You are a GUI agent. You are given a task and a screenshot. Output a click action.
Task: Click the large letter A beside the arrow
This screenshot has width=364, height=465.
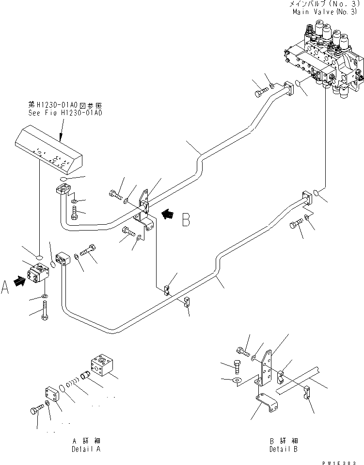pyautogui.click(x=5, y=288)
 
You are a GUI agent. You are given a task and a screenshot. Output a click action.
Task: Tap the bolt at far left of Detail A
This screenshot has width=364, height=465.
pyautogui.click(x=36, y=411)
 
